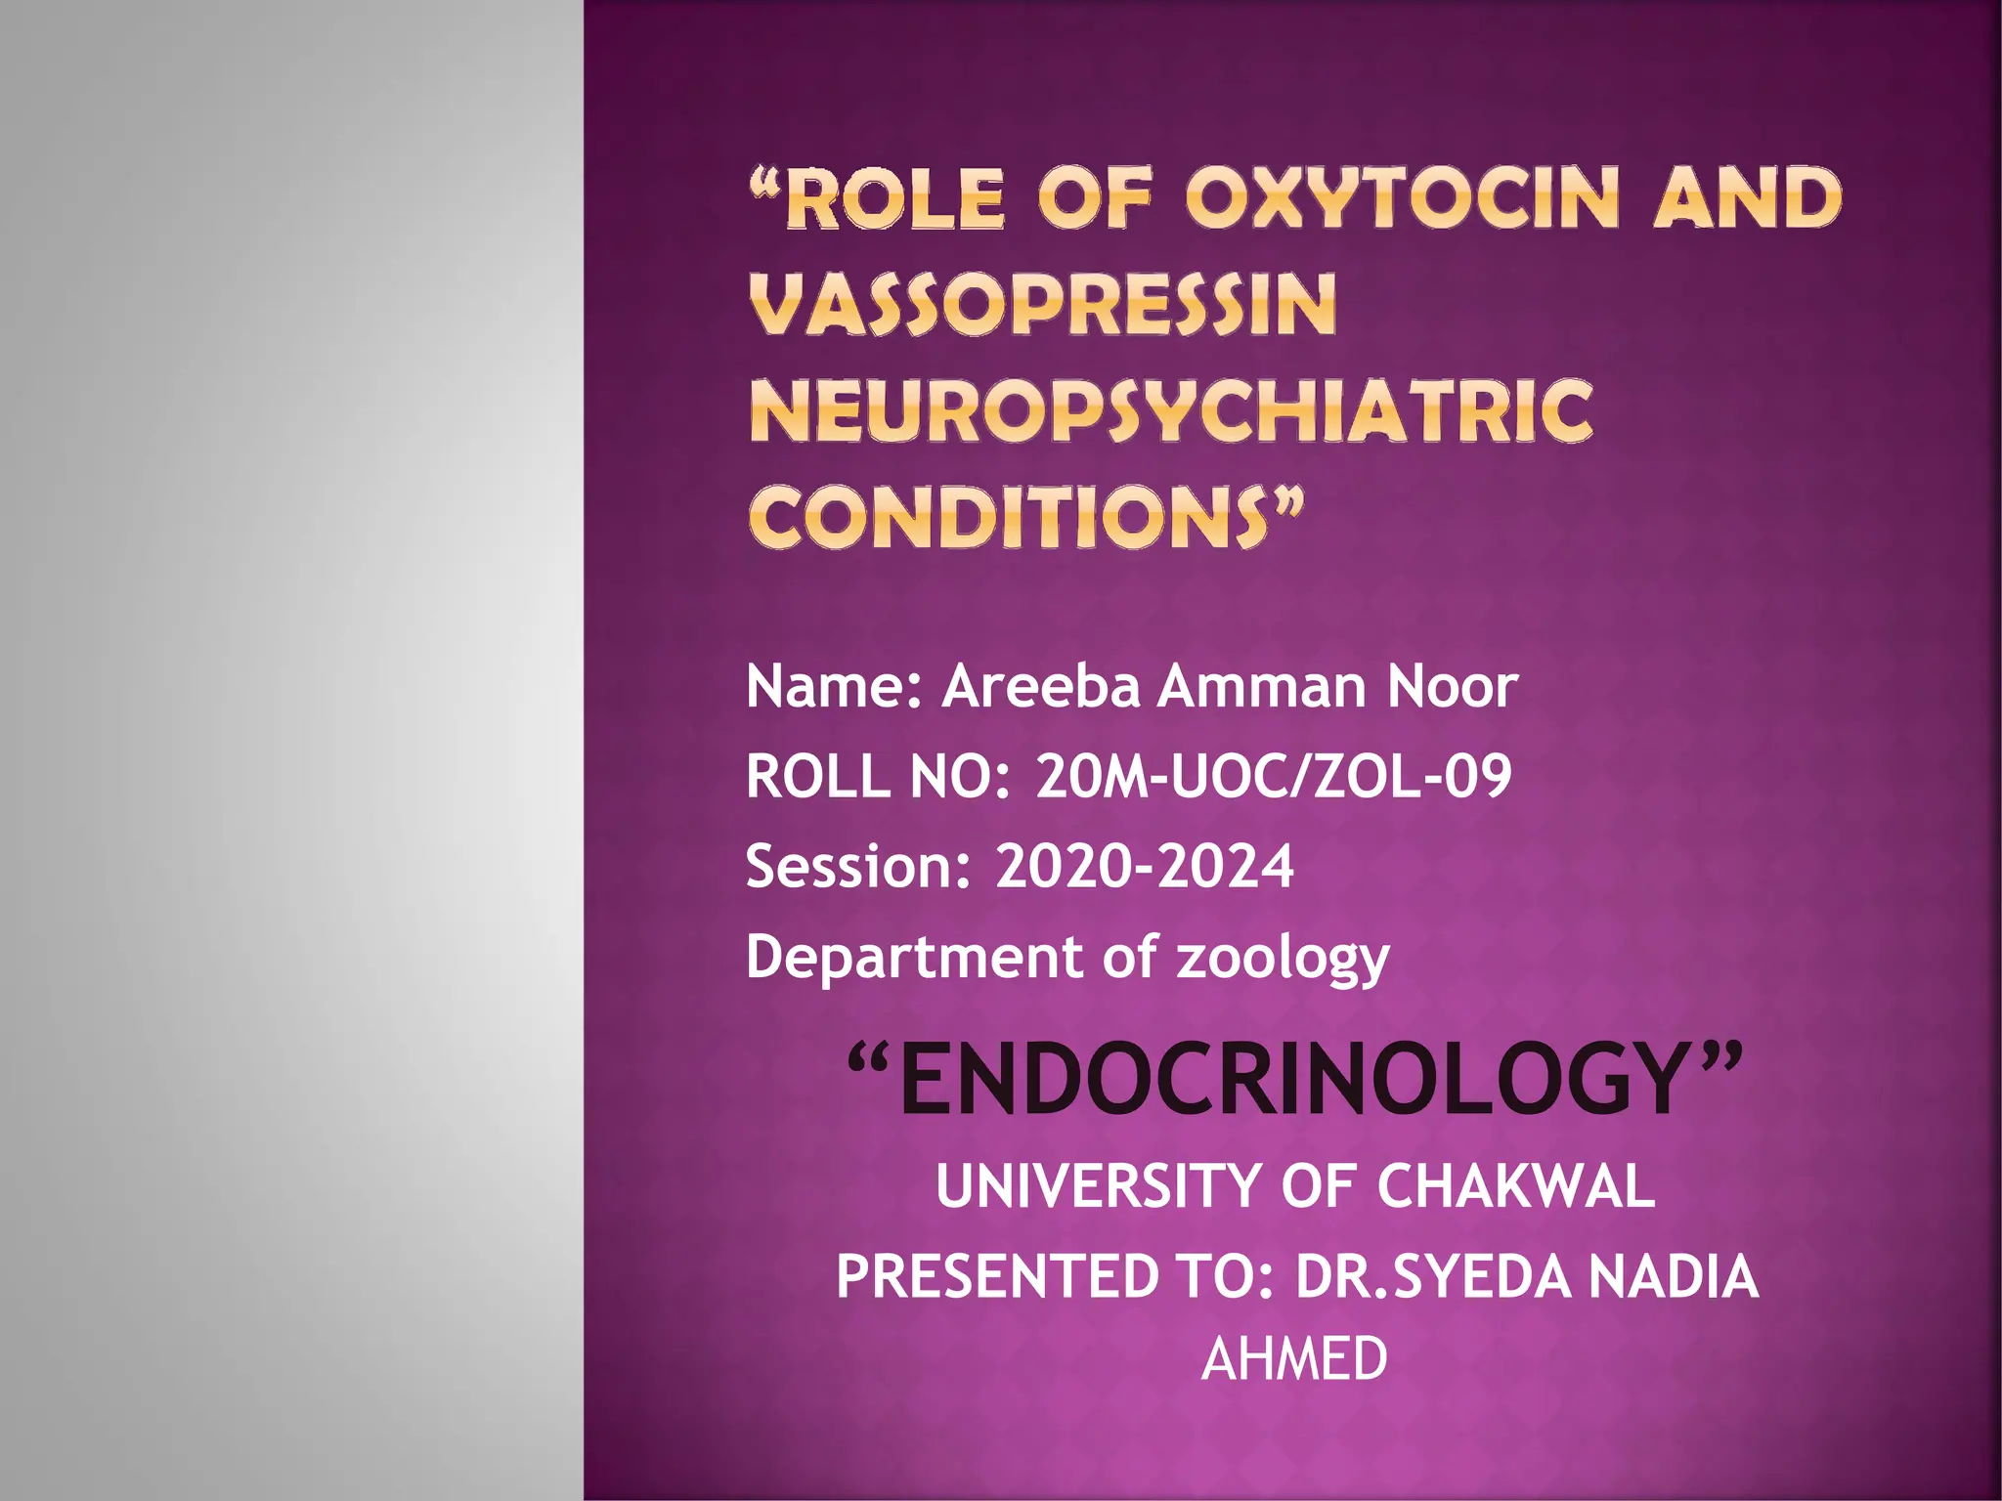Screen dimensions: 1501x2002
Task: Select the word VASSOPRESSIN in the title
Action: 1042,304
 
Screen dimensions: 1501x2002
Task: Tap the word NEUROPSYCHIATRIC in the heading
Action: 1171,410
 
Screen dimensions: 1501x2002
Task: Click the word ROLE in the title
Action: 894,198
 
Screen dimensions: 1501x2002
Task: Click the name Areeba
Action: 1040,686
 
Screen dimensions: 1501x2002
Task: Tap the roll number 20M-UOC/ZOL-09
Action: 1273,777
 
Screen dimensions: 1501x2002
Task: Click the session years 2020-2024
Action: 1144,866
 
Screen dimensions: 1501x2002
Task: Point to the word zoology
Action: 1283,958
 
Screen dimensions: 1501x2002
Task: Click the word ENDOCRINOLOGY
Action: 1294,1080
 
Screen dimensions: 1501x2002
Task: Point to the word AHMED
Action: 1294,1358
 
